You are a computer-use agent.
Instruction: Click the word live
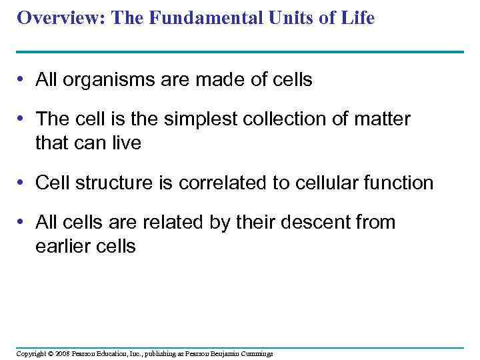(x=127, y=143)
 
